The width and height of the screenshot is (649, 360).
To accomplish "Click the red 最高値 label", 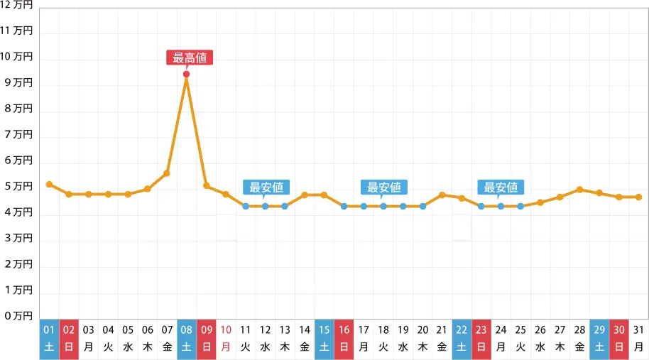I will (x=190, y=58).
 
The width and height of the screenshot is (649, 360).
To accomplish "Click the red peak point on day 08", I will (x=186, y=75).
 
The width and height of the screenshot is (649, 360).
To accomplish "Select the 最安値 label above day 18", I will (x=383, y=187).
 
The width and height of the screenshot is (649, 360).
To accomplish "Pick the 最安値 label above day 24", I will (x=501, y=187).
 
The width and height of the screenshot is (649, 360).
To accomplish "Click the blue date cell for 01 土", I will (x=49, y=338).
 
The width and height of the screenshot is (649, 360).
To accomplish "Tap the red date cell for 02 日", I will (x=69, y=338).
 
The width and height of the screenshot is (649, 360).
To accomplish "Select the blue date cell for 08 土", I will (x=187, y=338).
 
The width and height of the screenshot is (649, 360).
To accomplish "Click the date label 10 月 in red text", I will (x=226, y=338).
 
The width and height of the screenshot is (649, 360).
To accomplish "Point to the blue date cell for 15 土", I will (x=324, y=338).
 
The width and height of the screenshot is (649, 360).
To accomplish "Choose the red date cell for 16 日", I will (x=344, y=338).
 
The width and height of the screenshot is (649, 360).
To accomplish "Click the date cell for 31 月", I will (x=638, y=338).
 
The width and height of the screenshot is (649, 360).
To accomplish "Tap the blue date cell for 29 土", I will (x=599, y=338).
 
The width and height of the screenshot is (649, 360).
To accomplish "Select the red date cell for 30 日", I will (x=619, y=338).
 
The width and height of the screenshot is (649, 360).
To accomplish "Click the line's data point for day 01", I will (x=49, y=184).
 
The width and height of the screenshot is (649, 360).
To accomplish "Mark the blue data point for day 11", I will (x=246, y=206).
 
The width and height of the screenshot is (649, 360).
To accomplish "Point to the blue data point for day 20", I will (x=422, y=206).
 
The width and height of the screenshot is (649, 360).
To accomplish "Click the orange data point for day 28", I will (x=580, y=190).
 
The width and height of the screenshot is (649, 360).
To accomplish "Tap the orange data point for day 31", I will (x=638, y=197).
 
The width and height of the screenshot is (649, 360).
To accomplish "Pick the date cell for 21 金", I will (x=442, y=338).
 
